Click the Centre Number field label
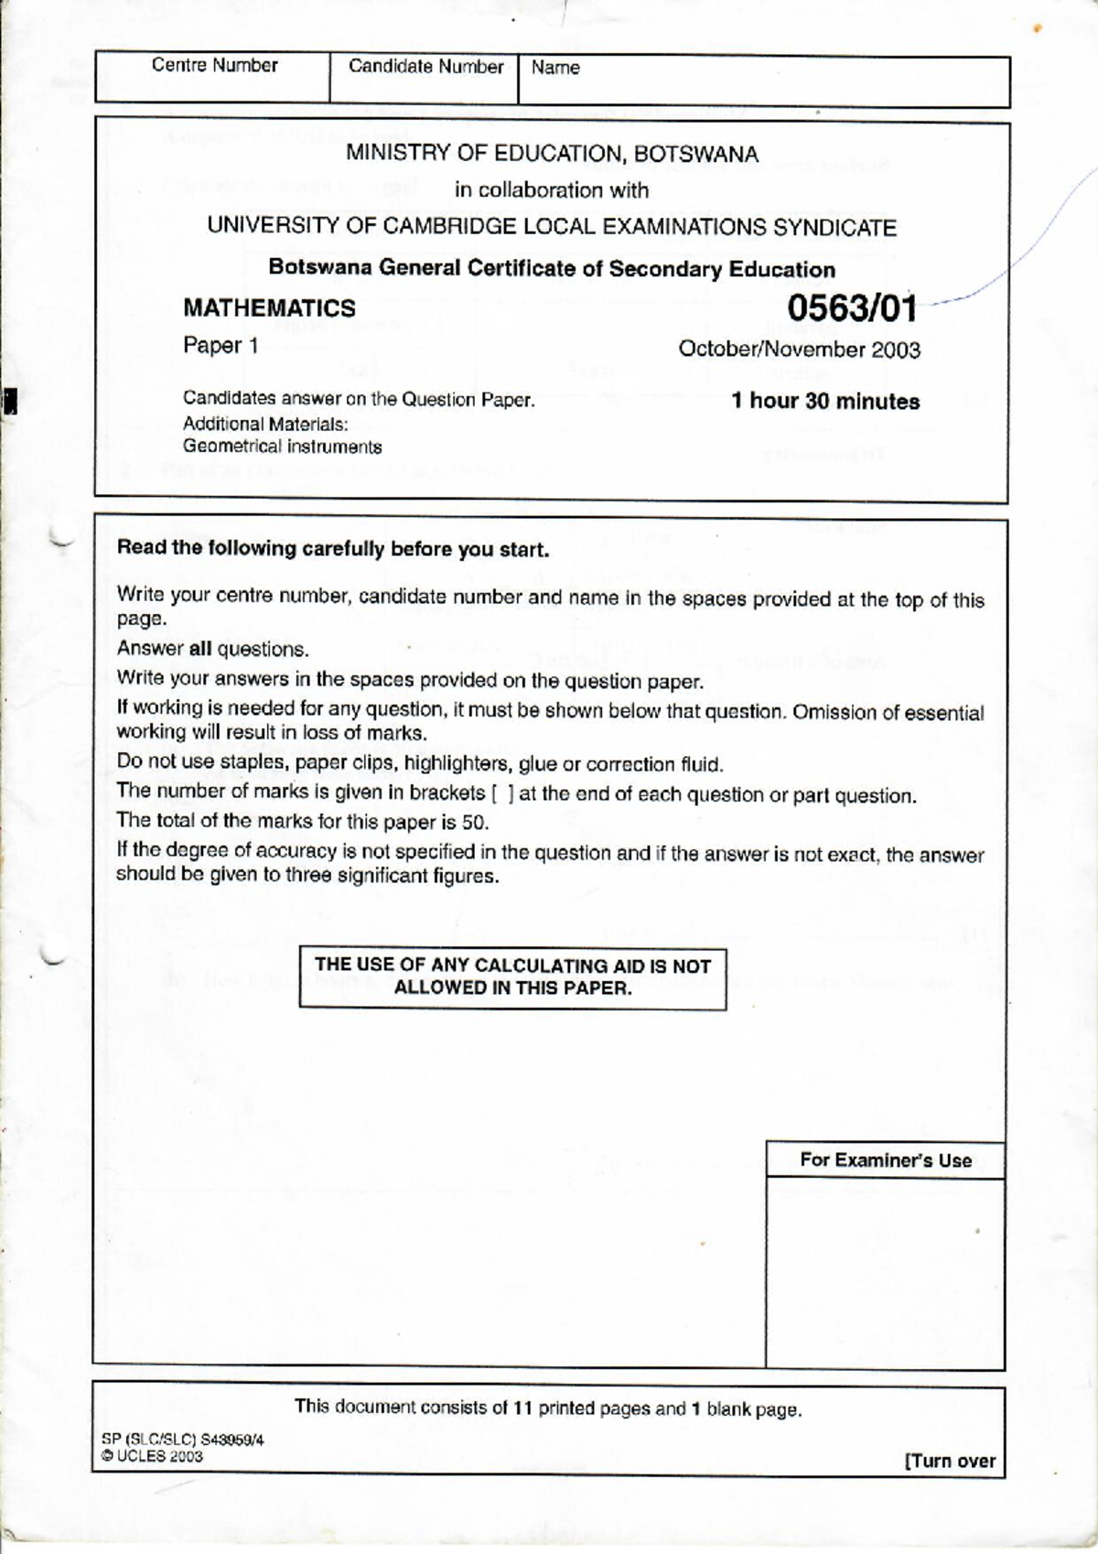click(x=214, y=65)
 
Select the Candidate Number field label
click(x=425, y=67)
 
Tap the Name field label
click(x=555, y=68)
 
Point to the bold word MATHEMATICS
click(x=269, y=308)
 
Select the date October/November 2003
click(x=799, y=350)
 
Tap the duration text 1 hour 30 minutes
click(x=825, y=401)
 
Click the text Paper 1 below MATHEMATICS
click(x=221, y=346)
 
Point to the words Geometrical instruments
click(x=282, y=447)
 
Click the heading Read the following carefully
click(x=333, y=549)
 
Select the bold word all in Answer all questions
click(x=200, y=649)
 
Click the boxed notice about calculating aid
click(x=512, y=977)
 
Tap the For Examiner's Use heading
click(x=885, y=1160)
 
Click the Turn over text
click(x=950, y=1461)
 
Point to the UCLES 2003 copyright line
click(x=152, y=1456)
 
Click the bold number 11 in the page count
click(x=522, y=1408)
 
